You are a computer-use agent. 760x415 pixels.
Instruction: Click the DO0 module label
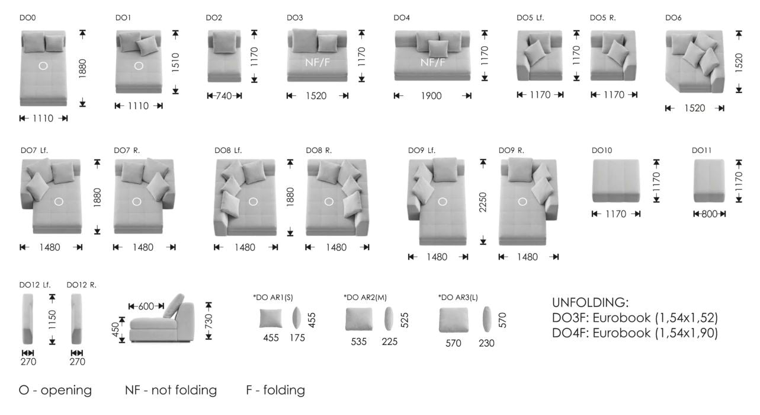point(27,18)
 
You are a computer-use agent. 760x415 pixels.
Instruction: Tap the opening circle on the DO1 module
point(139,66)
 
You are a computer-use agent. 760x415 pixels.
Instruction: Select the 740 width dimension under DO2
point(224,96)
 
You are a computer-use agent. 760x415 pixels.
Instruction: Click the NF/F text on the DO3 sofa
point(318,62)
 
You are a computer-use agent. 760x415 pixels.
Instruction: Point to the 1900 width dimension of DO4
point(431,96)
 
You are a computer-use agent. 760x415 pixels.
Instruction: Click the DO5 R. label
point(602,18)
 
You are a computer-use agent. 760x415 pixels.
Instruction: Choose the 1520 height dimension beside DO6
point(739,63)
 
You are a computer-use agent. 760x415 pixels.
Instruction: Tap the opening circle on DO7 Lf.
point(59,202)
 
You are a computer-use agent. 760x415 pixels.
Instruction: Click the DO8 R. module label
point(319,150)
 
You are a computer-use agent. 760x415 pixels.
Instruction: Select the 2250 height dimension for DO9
point(483,202)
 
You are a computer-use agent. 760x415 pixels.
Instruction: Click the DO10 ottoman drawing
point(616,181)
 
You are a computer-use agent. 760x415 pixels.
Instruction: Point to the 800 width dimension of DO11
point(710,214)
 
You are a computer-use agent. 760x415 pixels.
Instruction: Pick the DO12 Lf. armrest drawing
point(28,319)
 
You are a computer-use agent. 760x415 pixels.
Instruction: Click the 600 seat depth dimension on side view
point(146,307)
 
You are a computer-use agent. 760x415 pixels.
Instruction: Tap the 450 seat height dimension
point(116,330)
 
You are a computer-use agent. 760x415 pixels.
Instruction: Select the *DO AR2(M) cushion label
point(365,298)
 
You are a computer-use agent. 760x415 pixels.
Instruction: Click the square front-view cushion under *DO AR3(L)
point(454,320)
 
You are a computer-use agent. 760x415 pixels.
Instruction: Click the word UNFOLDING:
point(591,302)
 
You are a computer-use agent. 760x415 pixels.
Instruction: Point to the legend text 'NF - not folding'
point(171,390)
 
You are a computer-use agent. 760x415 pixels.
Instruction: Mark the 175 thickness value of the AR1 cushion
point(297,338)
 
